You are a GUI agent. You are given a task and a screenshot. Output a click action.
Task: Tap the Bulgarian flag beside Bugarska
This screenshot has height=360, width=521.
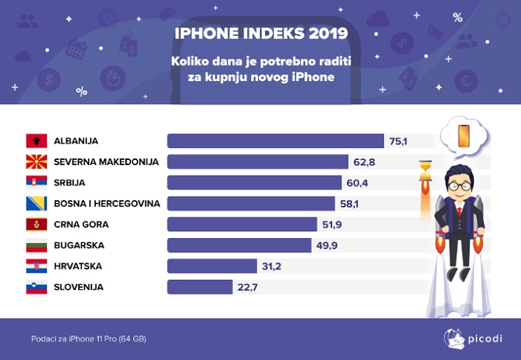point(36,245)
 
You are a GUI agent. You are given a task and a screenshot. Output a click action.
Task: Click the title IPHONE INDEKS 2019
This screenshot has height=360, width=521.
point(260,34)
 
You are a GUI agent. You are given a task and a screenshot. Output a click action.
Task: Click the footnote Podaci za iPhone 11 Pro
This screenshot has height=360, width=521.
point(89,339)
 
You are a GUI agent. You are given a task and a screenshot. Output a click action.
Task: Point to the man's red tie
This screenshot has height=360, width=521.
point(458,210)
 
